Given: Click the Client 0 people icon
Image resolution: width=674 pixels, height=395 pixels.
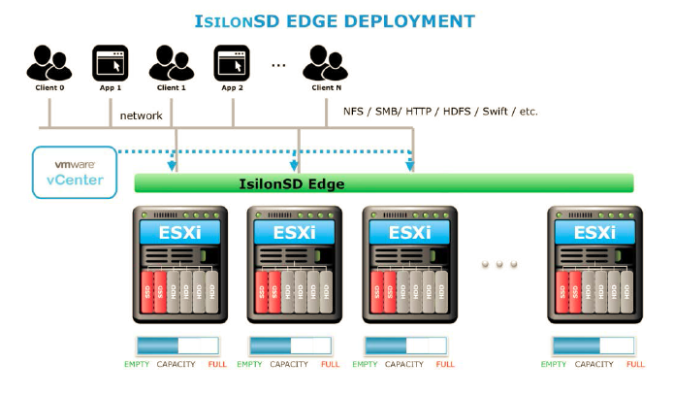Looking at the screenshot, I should point(48,63).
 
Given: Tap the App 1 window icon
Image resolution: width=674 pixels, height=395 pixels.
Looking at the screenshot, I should point(110,63).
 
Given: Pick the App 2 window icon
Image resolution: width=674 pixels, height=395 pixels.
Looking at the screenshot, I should point(232,63).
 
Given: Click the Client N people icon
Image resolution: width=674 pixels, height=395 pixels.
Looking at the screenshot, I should point(325,63).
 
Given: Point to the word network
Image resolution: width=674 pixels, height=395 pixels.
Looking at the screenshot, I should point(141,115).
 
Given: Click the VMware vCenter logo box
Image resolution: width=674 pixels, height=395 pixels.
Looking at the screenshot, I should point(74,172).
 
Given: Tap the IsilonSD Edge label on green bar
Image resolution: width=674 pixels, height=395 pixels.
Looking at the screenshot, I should point(291,183).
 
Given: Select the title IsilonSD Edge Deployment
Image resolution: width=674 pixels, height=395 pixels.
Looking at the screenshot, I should point(337,20).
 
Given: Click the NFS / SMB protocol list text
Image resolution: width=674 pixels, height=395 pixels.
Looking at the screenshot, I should point(440,112).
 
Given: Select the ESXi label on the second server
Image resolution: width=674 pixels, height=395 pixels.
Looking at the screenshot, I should point(291,233).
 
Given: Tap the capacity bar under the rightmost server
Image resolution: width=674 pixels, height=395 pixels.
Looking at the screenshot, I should point(593,346).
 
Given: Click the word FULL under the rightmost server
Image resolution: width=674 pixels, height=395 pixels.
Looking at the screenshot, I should point(635,365).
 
